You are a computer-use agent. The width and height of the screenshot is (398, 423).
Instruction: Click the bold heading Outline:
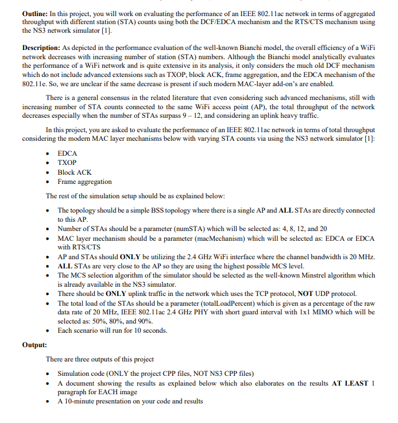coord(35,13)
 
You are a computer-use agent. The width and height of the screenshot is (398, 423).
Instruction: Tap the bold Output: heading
coord(34,345)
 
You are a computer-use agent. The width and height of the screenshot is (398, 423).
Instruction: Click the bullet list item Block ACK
coord(75,172)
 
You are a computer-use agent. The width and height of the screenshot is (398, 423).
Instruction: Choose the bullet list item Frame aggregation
coord(84,182)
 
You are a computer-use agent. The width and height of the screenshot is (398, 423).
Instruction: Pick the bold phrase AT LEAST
coord(350,383)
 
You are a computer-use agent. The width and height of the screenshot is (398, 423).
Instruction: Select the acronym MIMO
coord(306,312)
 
